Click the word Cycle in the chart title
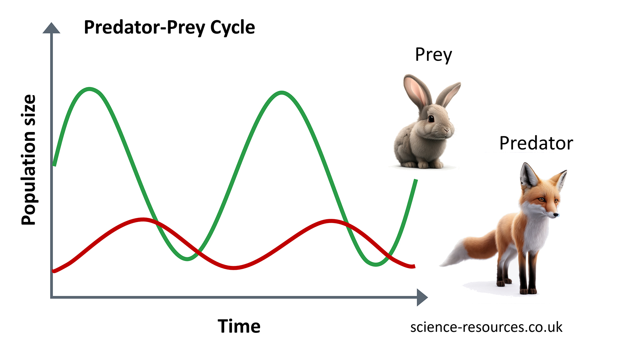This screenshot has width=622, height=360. click(x=232, y=28)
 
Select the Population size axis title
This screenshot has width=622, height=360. click(x=29, y=160)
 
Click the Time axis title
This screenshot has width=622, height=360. click(x=239, y=326)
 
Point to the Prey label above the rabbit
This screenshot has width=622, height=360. click(x=434, y=55)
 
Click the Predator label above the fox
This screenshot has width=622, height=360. click(x=536, y=143)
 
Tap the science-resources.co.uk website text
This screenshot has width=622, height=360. click(x=486, y=327)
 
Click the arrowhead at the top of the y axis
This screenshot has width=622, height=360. click(x=52, y=28)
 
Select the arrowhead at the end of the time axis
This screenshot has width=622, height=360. click(x=422, y=297)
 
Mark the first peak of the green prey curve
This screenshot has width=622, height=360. click(x=90, y=89)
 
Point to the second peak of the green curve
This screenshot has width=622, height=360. click(x=281, y=93)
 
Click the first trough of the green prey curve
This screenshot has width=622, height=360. click(x=187, y=259)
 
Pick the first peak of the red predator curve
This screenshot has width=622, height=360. click(x=143, y=220)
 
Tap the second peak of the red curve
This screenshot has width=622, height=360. click(x=331, y=221)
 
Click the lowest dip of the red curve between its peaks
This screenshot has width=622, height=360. click(x=234, y=268)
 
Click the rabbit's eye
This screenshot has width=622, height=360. click(x=431, y=118)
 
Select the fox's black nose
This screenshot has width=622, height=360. click(x=557, y=215)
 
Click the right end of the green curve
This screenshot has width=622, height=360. click(x=415, y=180)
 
